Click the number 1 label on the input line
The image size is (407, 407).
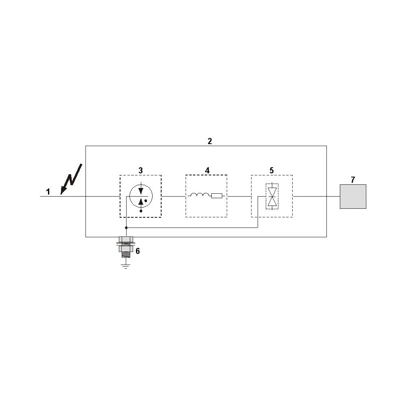[48, 192]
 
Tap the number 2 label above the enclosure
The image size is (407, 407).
[210, 141]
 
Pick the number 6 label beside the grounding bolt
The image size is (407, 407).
[138, 251]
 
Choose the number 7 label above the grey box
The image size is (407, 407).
[353, 179]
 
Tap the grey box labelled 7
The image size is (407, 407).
[353, 196]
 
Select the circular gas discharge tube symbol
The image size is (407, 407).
[140, 196]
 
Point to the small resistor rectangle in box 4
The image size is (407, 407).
[217, 196]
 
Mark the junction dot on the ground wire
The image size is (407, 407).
[127, 228]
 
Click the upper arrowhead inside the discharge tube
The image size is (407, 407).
[141, 190]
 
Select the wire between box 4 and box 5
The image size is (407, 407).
[239, 196]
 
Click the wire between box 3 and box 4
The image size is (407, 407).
[173, 196]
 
